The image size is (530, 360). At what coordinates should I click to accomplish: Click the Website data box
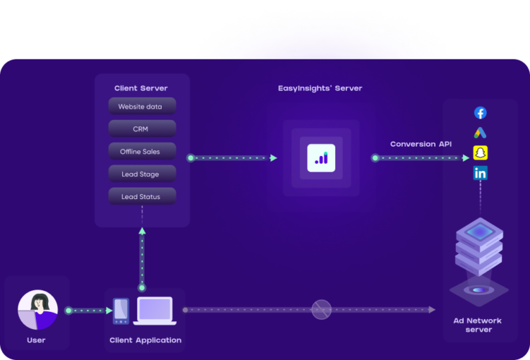click(142, 107)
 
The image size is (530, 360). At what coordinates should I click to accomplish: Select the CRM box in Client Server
click(142, 129)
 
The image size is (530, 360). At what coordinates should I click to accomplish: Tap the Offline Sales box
click(142, 152)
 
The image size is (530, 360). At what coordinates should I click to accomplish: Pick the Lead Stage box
click(142, 174)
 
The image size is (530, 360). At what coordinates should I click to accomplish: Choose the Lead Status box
click(142, 197)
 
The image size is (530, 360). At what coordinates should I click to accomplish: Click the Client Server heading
click(141, 88)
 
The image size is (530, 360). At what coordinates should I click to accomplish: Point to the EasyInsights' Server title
click(320, 88)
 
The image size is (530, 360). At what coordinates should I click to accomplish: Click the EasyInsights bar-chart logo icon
click(321, 158)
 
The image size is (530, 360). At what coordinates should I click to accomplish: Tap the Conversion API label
click(421, 144)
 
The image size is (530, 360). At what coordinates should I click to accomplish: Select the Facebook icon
click(480, 113)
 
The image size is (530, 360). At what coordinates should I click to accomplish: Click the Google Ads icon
click(480, 133)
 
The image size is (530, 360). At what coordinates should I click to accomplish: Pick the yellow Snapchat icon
click(480, 152)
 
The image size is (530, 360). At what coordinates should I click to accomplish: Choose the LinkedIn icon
click(480, 173)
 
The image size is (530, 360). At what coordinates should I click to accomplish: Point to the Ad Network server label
click(478, 325)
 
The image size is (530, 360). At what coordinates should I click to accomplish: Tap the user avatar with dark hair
click(37, 310)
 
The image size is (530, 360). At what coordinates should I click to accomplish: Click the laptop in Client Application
click(155, 311)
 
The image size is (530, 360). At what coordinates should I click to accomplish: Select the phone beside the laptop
click(121, 311)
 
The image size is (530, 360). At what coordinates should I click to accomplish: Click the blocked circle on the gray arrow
click(321, 309)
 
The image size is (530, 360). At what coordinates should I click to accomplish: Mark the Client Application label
click(145, 340)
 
